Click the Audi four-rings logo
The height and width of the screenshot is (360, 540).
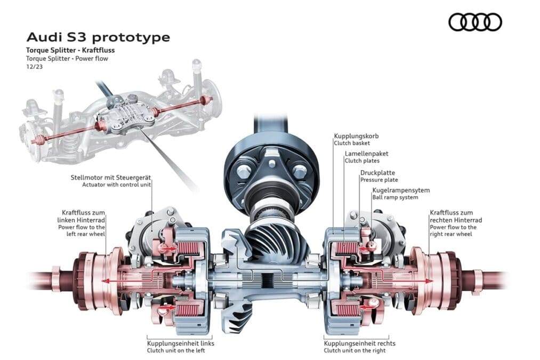pyautogui.click(x=475, y=22)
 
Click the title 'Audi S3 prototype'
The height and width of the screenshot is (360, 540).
pyautogui.click(x=98, y=37)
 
